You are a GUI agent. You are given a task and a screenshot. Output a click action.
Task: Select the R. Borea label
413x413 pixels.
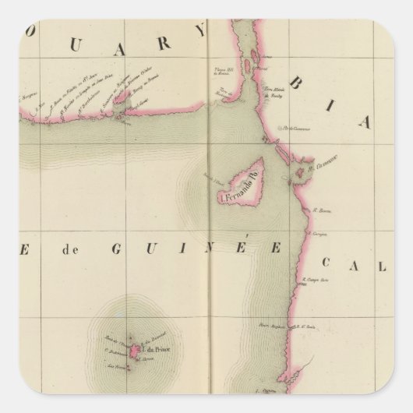coord(320,210)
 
